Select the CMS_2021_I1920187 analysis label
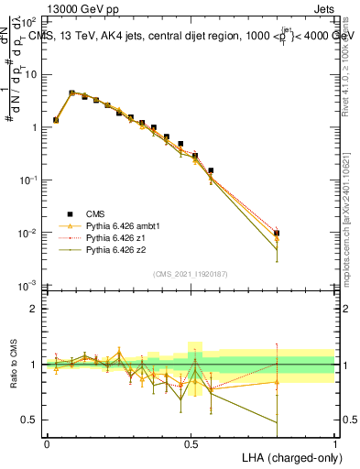[190, 274]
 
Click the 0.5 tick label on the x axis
[191, 443]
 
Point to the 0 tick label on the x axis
[47, 443]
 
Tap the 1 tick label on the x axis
[334, 443]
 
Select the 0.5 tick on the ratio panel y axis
[29, 420]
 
